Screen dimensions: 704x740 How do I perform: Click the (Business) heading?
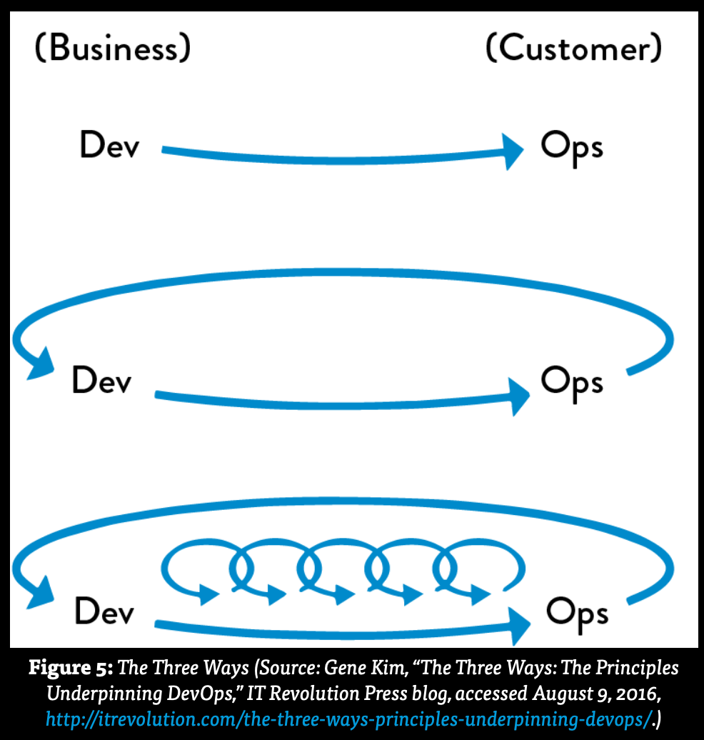coord(113,49)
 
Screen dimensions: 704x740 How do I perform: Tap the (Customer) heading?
coord(573,49)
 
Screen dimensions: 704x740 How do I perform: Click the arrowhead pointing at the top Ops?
coord(513,151)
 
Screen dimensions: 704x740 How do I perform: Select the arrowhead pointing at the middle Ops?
coord(517,396)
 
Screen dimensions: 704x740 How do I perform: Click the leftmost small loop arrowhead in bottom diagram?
coord(208,593)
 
